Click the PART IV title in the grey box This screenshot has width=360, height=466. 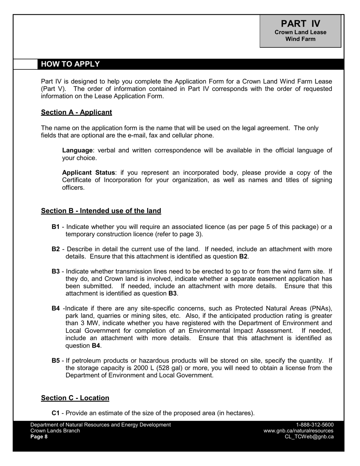coord(300,23)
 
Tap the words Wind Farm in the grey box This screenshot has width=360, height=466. coord(300,39)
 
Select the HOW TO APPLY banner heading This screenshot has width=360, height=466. coord(70,64)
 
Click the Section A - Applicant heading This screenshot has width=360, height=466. coord(76,112)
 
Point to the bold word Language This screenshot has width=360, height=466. coord(77,150)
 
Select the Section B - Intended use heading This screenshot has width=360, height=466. coord(101,211)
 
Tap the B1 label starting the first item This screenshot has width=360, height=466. coord(55,227)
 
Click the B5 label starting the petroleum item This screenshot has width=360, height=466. coord(55,360)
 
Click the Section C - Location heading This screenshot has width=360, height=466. coord(75,398)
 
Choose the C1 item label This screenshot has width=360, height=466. coord(55,413)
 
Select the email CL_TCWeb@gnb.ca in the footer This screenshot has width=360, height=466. coord(309,437)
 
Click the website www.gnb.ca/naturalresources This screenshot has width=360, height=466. coord(299,431)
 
